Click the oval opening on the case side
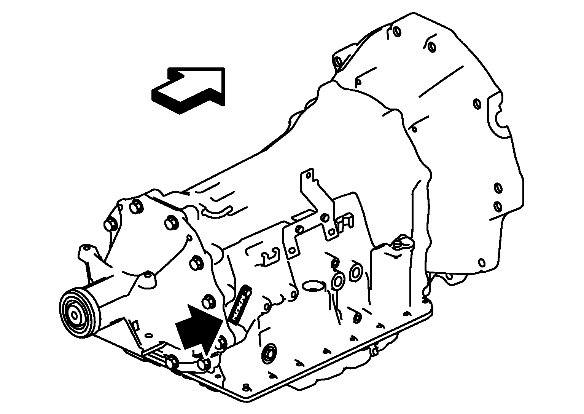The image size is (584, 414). coord(313,285)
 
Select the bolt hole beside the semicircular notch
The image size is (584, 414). coord(477,104)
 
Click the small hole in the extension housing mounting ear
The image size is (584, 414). coord(88,248)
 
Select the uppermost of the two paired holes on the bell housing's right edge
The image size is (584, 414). coord(498,188)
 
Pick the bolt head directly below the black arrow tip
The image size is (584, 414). coord(203,364)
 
